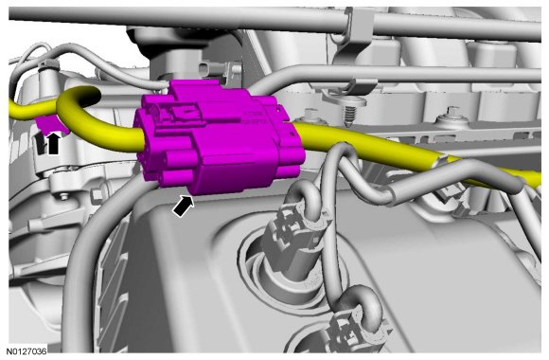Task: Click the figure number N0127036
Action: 28,351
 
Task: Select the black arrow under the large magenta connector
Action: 183,207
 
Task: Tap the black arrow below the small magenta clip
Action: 53,143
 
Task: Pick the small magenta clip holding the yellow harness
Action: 48,124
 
